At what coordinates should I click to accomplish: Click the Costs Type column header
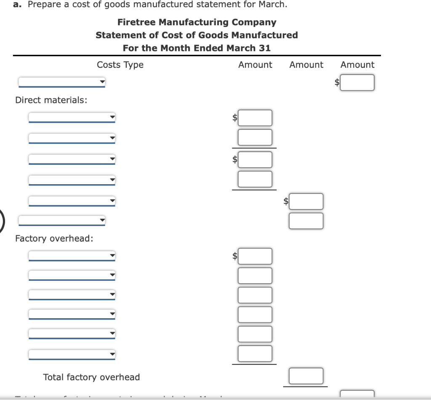coord(120,65)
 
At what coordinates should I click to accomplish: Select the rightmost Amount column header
coord(357,65)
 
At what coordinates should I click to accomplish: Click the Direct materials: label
coord(51,100)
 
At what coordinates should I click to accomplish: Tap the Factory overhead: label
coord(54,239)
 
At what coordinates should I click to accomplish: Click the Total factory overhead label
coord(91,377)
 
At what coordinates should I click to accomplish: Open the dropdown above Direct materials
coord(61,82)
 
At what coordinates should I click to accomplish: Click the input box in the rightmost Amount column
coord(357,83)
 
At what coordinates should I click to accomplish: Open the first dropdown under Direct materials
coord(72,118)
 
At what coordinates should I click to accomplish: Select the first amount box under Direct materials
coord(255,118)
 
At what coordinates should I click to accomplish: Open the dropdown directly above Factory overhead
coord(61,220)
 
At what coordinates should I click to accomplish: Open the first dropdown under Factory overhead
coord(72,256)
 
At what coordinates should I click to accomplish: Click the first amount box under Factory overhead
coord(255,256)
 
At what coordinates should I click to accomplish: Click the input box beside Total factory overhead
coord(306,376)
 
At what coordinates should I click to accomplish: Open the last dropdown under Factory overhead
coord(72,354)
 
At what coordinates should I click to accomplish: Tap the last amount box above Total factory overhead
coord(255,354)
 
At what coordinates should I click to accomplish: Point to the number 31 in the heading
coord(264,48)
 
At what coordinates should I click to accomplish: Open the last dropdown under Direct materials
coord(72,201)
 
